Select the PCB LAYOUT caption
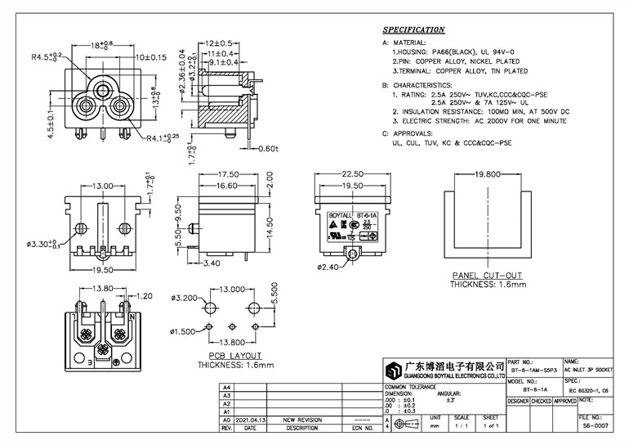[234, 356]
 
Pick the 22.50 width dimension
[351, 173]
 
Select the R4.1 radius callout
[164, 139]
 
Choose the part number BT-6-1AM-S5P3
[534, 370]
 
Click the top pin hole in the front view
[104, 86]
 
